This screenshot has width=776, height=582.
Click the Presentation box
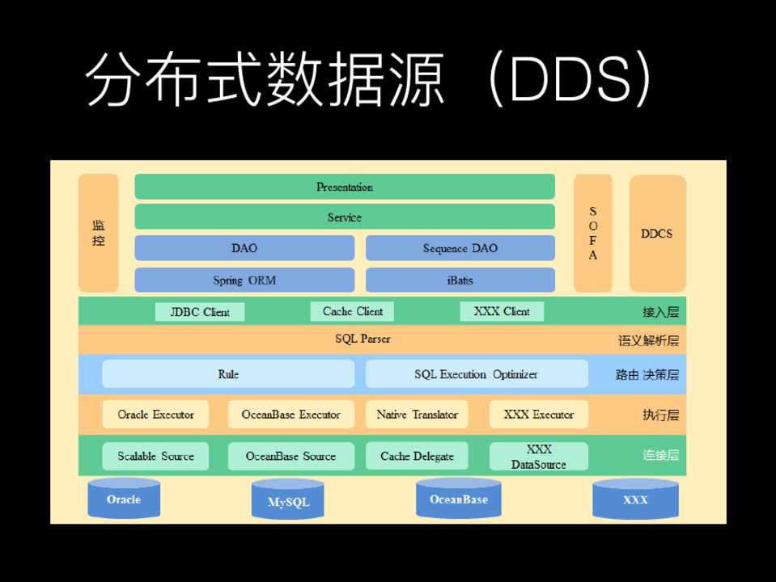pos(345,187)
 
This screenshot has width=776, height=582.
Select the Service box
pos(345,217)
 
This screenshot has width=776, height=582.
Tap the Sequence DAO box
pos(460,248)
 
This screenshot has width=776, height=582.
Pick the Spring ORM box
pos(244,280)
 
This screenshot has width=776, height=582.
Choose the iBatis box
pos(460,280)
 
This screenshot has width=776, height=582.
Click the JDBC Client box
pos(200,312)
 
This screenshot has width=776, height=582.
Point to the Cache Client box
pos(352,311)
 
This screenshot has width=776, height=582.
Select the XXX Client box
pos(502,311)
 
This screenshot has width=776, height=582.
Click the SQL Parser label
pos(363,339)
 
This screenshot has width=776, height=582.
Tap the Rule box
pos(228,374)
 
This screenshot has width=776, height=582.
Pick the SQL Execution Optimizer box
pos(477,374)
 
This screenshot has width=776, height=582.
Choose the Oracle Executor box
pos(155,415)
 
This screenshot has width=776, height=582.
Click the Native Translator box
pos(417,415)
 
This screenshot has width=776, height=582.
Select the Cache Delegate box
pos(417,456)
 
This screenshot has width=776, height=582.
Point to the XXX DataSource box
pos(538,456)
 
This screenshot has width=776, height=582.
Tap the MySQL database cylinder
pos(288,500)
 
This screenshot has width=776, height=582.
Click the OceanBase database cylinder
pos(459,498)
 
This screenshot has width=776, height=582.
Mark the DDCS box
pos(657,233)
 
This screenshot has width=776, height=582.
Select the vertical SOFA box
pos(593,233)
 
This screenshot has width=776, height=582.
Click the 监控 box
pos(98,233)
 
